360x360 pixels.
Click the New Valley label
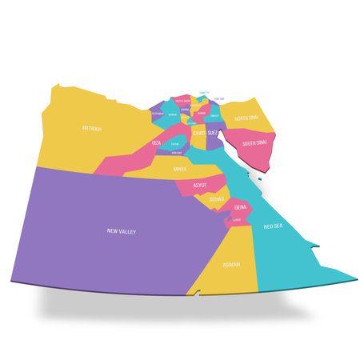click(122, 231)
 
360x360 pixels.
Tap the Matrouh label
click(91, 128)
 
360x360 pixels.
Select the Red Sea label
click(273, 226)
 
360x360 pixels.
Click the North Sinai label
click(245, 118)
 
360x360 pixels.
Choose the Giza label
click(156, 142)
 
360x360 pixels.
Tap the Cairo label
click(199, 132)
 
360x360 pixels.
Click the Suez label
click(213, 132)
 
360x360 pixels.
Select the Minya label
click(181, 170)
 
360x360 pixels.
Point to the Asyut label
click(200, 185)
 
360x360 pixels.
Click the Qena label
click(240, 206)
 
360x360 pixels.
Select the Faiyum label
click(174, 145)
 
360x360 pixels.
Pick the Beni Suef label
click(177, 152)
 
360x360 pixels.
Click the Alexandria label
click(158, 114)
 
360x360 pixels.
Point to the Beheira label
click(172, 114)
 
